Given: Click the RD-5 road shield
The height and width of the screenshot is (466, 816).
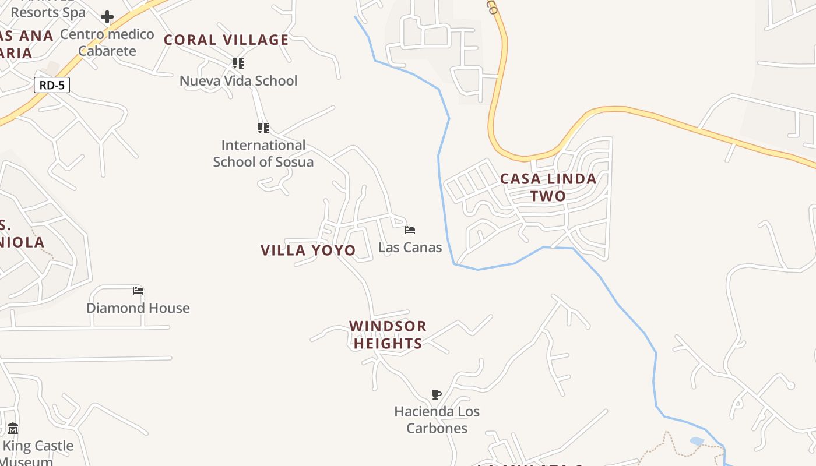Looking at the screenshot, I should pos(52,85).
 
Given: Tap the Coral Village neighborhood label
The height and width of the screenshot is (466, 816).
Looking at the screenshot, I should pos(226,40).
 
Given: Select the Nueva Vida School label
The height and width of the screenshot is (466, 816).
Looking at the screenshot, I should pos(238,80).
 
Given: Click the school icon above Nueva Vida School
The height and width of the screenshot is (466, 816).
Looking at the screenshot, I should pos(238,63).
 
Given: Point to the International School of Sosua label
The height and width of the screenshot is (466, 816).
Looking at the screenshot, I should pos(263,153).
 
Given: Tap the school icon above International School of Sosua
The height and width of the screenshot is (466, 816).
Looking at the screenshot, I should pos(263,128).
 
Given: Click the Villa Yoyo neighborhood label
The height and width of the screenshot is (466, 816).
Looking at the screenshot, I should pos(308,250).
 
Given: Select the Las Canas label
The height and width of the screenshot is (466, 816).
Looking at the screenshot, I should pos(410,248).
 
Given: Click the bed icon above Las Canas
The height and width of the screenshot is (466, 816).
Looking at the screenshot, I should pos(410,230).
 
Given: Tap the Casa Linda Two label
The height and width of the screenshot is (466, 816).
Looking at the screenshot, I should pos(548,187).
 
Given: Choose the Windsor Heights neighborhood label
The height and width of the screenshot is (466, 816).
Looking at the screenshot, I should pos(388,334).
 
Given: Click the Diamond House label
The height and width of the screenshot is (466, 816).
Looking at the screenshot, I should pos(138,308).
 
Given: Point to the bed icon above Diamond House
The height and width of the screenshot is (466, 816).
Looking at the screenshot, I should pos(138,291).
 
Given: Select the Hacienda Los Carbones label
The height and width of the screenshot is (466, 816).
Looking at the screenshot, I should pos(437,419).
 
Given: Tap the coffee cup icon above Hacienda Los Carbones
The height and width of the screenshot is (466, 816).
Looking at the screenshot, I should pos(437,395).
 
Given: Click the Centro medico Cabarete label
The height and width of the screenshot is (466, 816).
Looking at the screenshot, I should pos(107,43).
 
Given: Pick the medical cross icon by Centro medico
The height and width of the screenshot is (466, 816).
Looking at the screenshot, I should pos(107,17).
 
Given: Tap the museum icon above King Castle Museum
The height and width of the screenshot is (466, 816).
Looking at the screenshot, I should pos(13,429).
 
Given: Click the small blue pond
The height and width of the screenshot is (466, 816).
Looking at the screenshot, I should pos(697,442).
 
